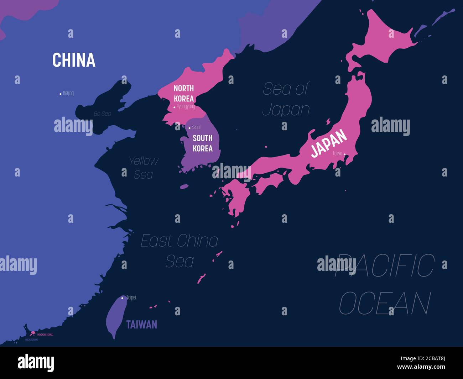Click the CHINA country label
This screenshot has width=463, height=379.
tap(74, 60)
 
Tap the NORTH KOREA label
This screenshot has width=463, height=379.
tap(184, 93)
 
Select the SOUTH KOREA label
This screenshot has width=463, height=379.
tap(203, 143)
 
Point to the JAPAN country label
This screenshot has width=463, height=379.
tap(329, 143)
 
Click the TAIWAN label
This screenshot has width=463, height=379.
tap(141, 325)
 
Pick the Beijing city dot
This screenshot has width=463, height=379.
tap(60, 94)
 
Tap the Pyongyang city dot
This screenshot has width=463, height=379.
tap(174, 107)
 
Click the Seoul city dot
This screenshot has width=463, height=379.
tap(189, 128)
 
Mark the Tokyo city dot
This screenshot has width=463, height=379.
tap(344, 154)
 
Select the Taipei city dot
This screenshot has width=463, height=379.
tap(122, 298)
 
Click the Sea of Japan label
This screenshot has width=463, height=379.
tap(286, 99)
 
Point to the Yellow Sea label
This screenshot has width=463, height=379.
tap(143, 167)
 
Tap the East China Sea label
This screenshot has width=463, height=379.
tap(180, 251)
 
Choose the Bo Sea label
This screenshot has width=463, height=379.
tap(102, 114)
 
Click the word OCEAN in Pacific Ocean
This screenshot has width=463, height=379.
tap(385, 303)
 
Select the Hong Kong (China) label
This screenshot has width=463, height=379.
tap(45, 335)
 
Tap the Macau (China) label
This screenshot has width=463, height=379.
tap(31, 340)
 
